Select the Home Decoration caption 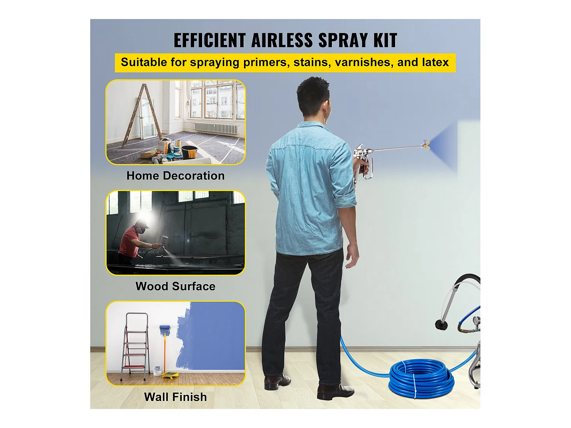click(x=175, y=176)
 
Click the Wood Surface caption click(x=175, y=286)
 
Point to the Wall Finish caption click(x=175, y=397)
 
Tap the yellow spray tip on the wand click(x=427, y=145)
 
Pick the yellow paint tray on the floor click(x=170, y=375)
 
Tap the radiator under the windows click(x=216, y=128)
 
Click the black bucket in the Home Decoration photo click(x=189, y=152)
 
